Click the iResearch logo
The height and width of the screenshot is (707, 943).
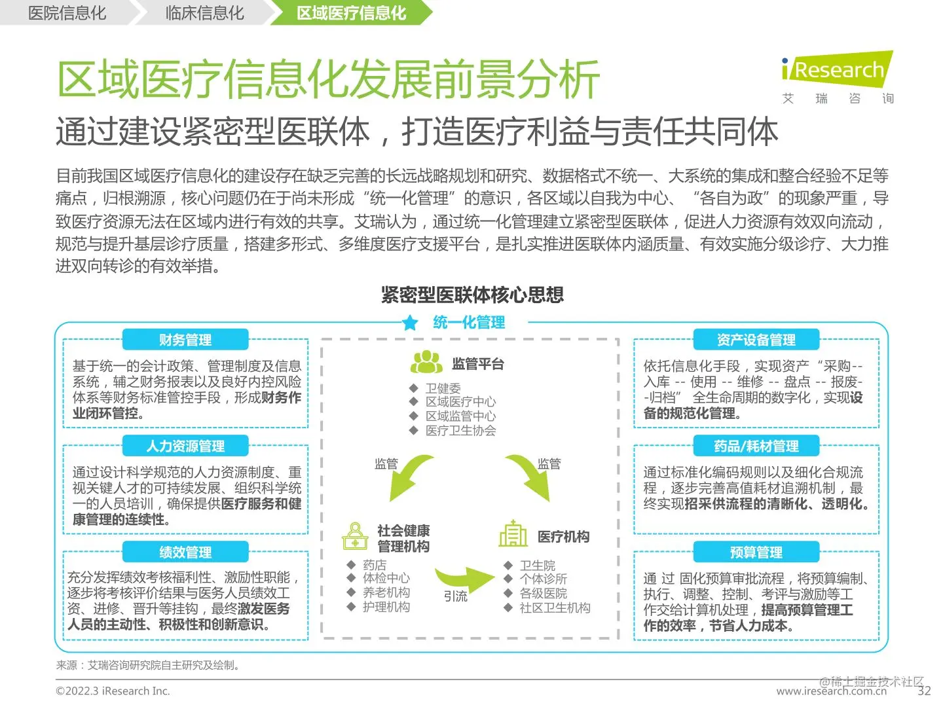point(837,71)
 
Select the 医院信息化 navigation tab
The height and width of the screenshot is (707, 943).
point(67,13)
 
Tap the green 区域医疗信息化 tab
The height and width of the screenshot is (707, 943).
point(351,13)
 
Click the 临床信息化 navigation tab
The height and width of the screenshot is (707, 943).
point(204,13)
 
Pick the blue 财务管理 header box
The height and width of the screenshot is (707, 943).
point(185,340)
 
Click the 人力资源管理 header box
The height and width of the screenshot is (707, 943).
point(185,446)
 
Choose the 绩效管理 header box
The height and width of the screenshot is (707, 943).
point(185,553)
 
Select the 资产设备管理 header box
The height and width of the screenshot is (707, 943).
point(756,340)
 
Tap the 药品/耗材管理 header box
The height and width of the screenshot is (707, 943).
point(756,446)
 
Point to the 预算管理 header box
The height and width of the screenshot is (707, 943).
point(756,553)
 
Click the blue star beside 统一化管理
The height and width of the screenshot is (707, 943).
point(411,323)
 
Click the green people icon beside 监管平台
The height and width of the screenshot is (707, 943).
point(426,362)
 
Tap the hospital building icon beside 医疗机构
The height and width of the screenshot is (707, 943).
point(513,534)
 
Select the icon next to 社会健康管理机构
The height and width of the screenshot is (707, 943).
point(355,536)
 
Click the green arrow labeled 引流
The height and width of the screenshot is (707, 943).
point(464,577)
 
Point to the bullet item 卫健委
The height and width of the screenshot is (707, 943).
point(443,388)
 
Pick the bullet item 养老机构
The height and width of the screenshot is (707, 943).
point(386,592)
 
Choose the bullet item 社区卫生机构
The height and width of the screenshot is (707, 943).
point(555,607)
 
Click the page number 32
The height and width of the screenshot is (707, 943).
point(924,691)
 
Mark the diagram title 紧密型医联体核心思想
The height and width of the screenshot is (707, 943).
point(472,295)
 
